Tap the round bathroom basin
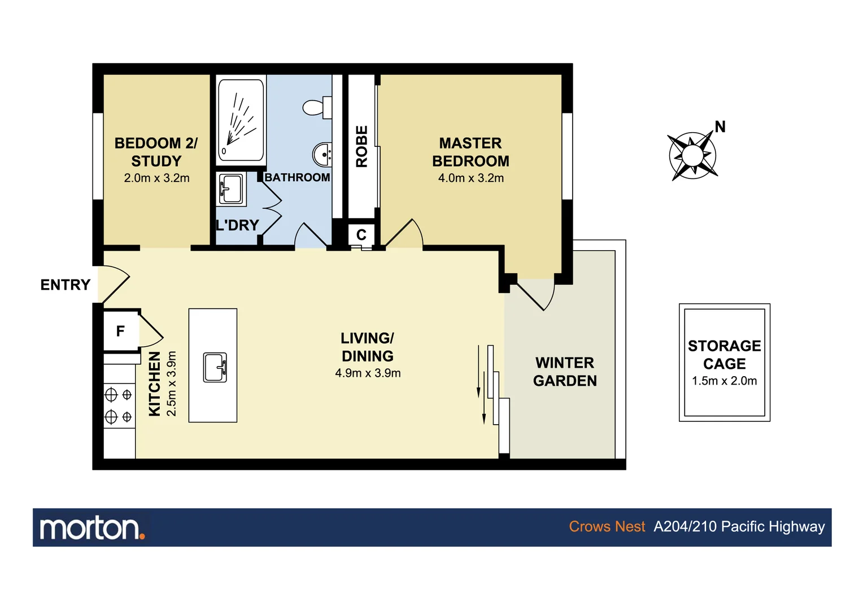click(323, 154)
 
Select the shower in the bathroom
click(241, 120)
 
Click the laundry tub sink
click(232, 189)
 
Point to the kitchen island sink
click(215, 367)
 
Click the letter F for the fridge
click(120, 331)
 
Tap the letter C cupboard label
click(361, 234)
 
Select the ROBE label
click(361, 146)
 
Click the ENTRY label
click(65, 285)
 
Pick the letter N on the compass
click(720, 127)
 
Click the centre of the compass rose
click(692, 156)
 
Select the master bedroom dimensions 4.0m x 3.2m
click(470, 178)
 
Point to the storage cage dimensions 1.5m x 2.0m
click(724, 381)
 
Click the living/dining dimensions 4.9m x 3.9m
click(368, 373)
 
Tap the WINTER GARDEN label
click(565, 372)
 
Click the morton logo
click(92, 528)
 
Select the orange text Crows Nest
click(607, 526)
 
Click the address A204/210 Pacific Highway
click(739, 526)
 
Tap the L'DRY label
click(237, 225)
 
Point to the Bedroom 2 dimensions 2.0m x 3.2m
click(156, 178)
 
